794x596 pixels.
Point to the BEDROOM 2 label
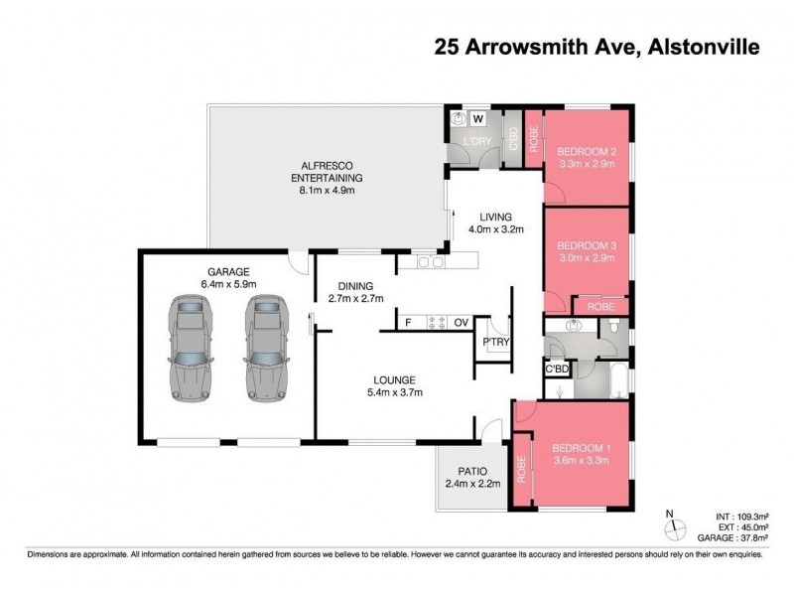coord(588,152)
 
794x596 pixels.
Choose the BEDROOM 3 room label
coord(586,244)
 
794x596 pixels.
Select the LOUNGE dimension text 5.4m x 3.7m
coord(394,393)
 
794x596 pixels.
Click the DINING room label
coord(355,282)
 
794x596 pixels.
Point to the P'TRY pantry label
coord(494,344)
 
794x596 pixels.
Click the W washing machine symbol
coord(477,119)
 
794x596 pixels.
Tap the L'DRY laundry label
coord(476,141)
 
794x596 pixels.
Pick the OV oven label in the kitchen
coord(461,323)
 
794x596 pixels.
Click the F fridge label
coord(407,323)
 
